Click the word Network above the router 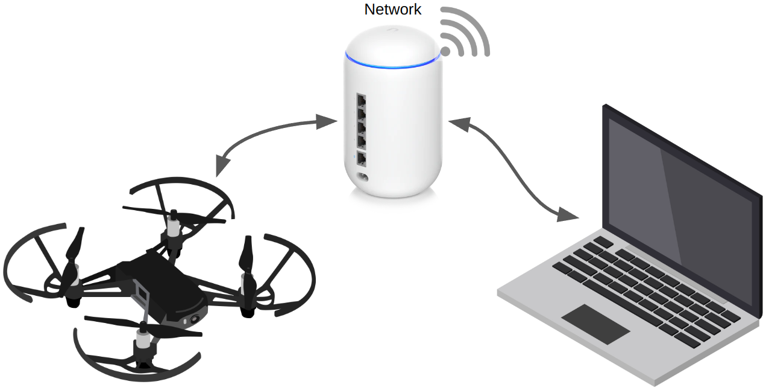pos(393,9)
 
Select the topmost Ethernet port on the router pos(362,100)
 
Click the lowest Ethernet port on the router pos(362,159)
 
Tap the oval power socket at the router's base pos(363,178)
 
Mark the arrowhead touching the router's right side pos(459,123)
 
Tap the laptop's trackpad pos(595,324)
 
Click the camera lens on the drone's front pos(195,319)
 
